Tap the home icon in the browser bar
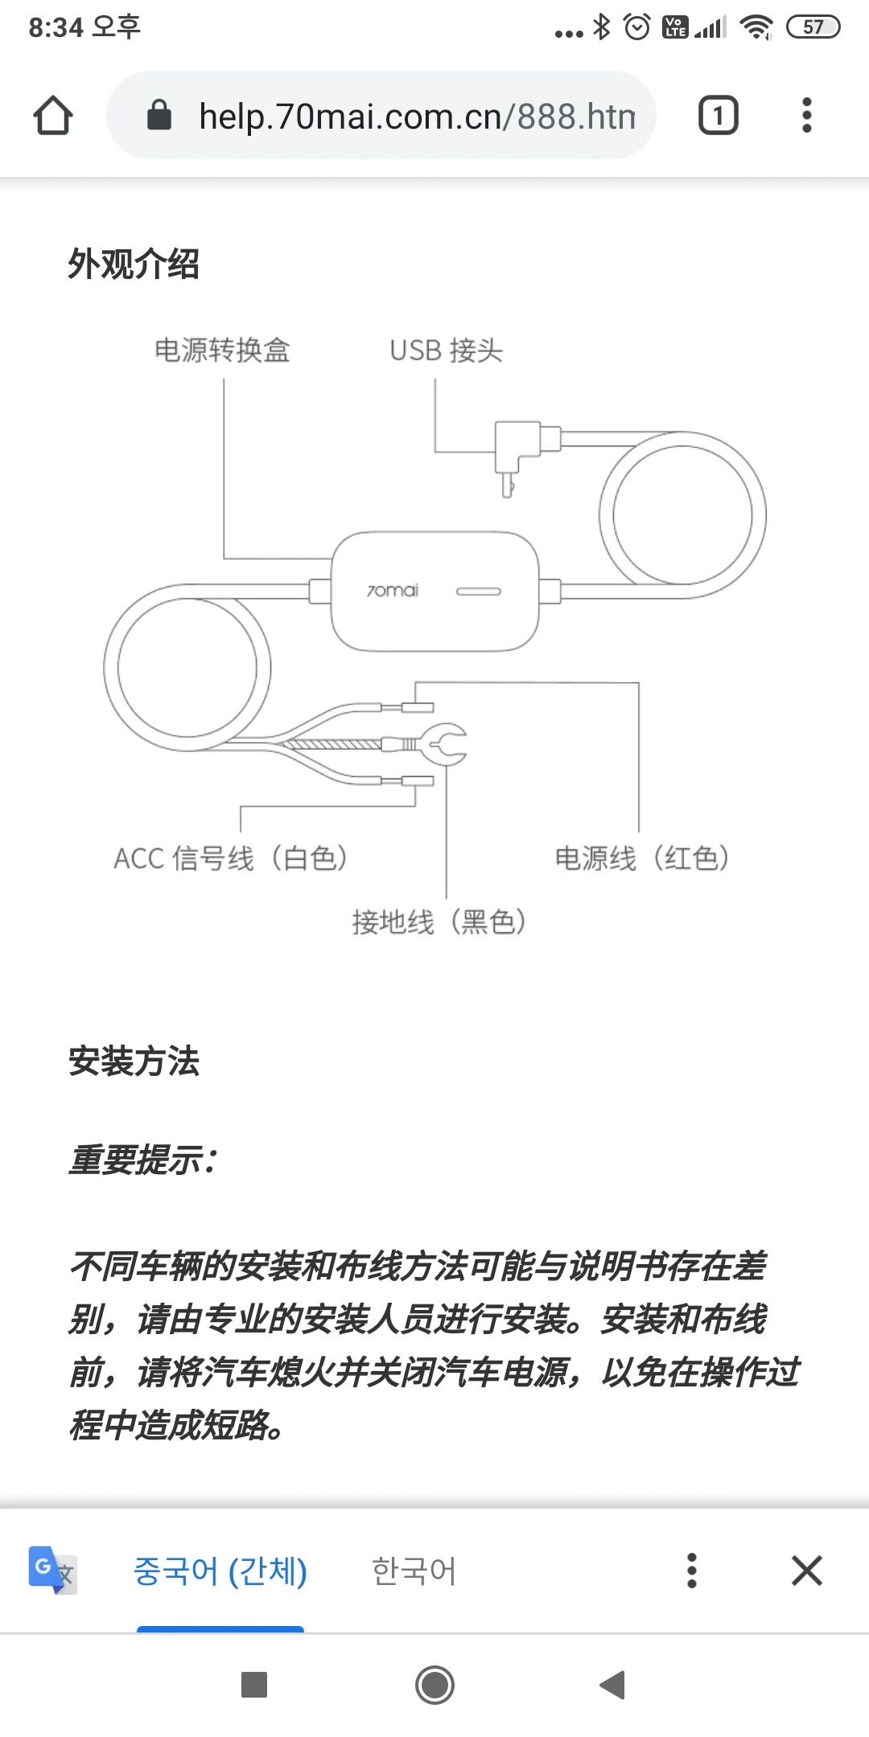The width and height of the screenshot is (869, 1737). click(53, 116)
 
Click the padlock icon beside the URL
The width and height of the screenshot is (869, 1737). click(159, 116)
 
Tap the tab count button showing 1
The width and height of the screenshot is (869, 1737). click(718, 116)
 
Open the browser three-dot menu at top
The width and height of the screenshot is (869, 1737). click(806, 116)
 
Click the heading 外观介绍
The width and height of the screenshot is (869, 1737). click(134, 264)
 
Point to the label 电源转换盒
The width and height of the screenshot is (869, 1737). click(222, 351)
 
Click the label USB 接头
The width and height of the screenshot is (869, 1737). click(447, 351)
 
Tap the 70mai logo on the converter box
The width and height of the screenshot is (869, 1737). click(393, 591)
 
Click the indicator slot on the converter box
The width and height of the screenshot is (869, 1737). click(479, 592)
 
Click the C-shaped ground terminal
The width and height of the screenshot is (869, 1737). click(445, 744)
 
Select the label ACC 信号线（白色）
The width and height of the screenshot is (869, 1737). click(231, 858)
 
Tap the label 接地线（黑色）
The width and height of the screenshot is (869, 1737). click(439, 922)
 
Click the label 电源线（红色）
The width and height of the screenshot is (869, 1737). click(642, 858)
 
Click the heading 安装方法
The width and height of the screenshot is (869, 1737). click(134, 1061)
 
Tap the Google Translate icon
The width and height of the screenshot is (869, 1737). click(52, 1570)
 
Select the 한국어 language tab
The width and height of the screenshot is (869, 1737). click(414, 1571)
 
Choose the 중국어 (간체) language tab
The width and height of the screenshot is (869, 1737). click(220, 1571)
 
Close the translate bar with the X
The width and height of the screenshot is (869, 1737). click(806, 1570)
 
